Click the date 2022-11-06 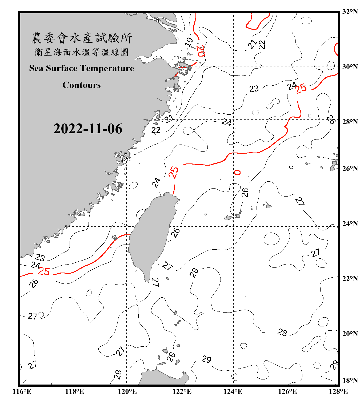click(x=88, y=129)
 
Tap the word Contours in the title click(x=82, y=85)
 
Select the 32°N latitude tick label click(x=350, y=12)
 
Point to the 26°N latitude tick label click(x=350, y=169)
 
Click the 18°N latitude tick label click(x=350, y=381)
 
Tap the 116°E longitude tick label click(x=22, y=391)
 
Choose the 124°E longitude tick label click(x=233, y=391)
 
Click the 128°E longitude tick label click(x=338, y=391)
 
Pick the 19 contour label click(x=189, y=42)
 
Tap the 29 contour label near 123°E click(x=206, y=359)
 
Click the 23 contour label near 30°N click(x=254, y=89)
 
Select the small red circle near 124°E click(x=237, y=173)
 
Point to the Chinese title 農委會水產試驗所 click(x=82, y=38)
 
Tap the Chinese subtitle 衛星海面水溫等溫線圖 click(x=82, y=52)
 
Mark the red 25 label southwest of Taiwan click(x=44, y=271)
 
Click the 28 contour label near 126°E click(x=282, y=332)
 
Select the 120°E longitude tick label click(x=127, y=391)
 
